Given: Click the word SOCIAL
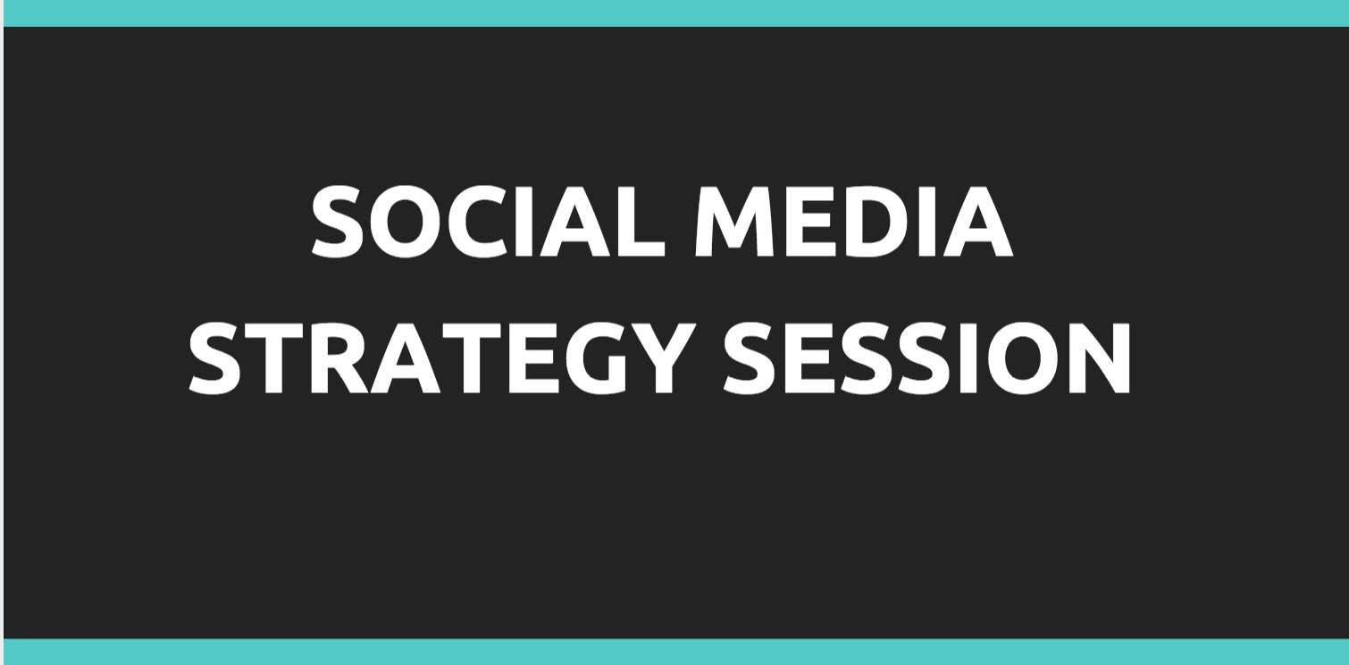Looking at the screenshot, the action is coord(488,221).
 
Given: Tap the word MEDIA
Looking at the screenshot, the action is coord(854,221).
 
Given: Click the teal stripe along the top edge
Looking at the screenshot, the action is coord(674,13).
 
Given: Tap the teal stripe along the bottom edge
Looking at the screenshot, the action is coord(674,652).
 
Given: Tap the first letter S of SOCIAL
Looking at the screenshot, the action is coord(338,221).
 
